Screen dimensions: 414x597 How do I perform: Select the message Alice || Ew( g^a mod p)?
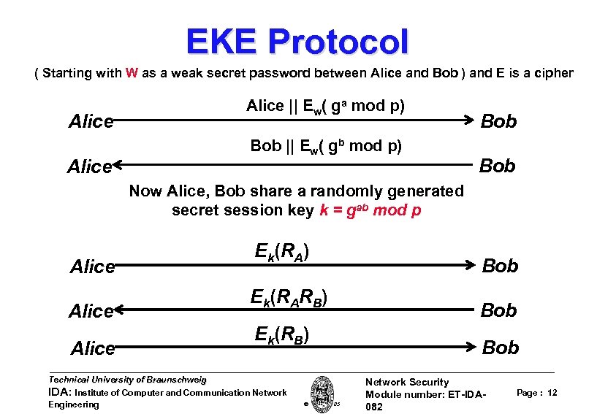[x=325, y=106]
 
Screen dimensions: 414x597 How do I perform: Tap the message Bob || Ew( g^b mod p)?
[x=325, y=145]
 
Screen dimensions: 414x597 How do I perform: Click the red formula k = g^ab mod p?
[x=370, y=210]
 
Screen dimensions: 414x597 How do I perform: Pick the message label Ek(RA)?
[x=282, y=252]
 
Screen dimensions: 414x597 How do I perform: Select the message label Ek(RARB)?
[x=288, y=298]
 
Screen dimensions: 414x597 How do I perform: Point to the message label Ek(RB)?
[x=282, y=335]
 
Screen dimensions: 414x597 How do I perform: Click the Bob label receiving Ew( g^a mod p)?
[x=498, y=121]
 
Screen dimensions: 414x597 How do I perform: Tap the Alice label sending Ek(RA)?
[x=93, y=267]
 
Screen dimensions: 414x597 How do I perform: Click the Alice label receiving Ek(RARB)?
[x=91, y=311]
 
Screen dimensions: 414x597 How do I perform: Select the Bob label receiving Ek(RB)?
[x=501, y=348]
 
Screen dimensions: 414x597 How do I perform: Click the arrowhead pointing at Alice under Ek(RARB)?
[x=118, y=311]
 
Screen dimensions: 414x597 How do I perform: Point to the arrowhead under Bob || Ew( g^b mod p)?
[x=118, y=166]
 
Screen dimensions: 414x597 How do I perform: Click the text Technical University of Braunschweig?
[x=127, y=380]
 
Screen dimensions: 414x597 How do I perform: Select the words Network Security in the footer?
[x=406, y=382]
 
